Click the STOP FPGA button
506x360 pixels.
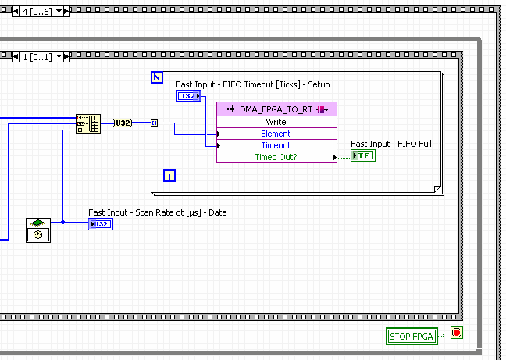411,337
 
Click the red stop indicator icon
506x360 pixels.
457,333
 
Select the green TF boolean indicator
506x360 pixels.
362,155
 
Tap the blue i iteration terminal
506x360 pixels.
169,175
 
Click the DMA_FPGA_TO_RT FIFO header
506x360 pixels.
276,109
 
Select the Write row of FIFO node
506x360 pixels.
276,122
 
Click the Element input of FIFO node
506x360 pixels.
276,134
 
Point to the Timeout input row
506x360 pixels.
276,145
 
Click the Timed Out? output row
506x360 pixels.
276,157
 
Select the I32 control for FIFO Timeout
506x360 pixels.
188,96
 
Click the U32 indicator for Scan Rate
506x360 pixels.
100,224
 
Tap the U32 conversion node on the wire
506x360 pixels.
123,123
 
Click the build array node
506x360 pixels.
87,123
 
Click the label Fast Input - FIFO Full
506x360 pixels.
390,144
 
